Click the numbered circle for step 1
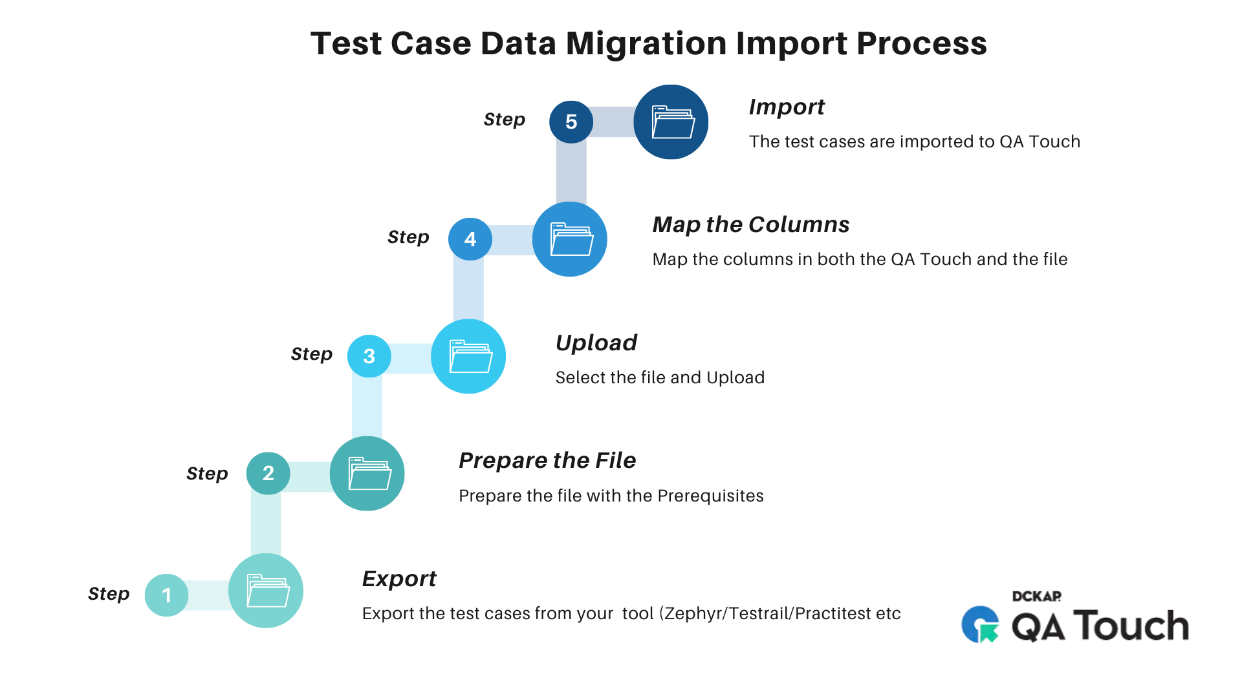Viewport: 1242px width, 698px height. point(166,595)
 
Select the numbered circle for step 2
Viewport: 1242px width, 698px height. point(268,473)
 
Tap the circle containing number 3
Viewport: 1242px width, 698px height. point(369,355)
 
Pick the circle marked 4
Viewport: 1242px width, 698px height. point(470,239)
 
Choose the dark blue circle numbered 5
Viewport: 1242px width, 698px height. point(571,122)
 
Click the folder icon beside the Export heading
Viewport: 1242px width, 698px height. point(267,591)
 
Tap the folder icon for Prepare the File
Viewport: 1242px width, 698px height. point(367,474)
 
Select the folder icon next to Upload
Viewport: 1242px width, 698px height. point(469,356)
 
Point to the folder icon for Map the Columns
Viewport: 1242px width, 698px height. point(570,239)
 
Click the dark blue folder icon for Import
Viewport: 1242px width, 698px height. point(671,122)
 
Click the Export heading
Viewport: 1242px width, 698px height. point(399,578)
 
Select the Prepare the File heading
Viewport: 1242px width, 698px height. point(547,460)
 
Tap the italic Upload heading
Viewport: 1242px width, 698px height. point(596,343)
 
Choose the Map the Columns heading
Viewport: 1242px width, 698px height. point(751,224)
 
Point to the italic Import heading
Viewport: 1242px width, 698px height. point(787,107)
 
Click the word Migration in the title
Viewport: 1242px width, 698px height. point(647,44)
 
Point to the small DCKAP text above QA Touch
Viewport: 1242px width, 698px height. point(1036,596)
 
